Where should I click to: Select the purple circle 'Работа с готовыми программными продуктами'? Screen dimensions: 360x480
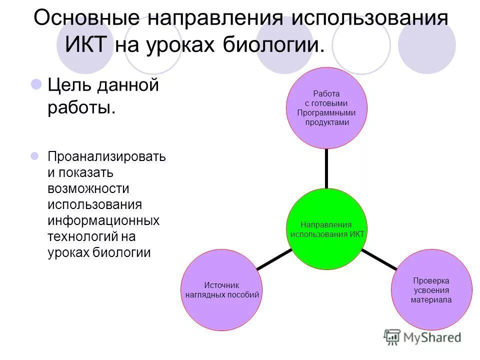326,108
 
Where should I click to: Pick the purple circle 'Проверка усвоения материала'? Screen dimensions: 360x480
431,290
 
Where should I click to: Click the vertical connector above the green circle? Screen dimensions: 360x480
326,168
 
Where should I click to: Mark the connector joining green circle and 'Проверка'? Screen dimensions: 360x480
379,260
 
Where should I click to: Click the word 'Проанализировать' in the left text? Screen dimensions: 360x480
106,156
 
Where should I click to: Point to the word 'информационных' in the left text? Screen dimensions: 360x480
103,220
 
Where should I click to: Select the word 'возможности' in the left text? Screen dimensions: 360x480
88,188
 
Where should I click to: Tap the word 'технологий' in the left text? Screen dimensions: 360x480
82,236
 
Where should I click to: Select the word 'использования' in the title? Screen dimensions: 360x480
369,18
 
